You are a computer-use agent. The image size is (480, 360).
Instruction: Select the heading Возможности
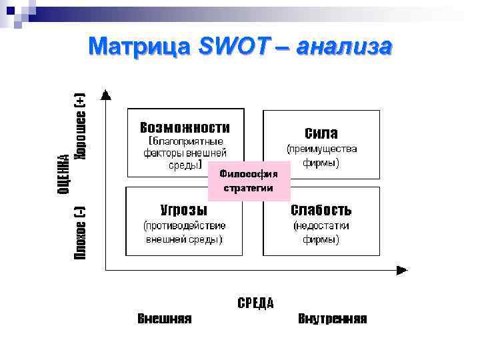tap(185, 127)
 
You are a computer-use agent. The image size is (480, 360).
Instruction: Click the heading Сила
tap(321, 133)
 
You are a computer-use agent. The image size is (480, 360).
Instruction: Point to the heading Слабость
tap(321, 210)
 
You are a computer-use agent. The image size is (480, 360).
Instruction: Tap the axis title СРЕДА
tap(255, 303)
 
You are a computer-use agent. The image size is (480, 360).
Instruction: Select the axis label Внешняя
tap(165, 319)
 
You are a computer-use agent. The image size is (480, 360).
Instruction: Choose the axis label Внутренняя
tap(332, 319)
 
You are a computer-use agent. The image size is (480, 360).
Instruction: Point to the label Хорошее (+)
tap(80, 126)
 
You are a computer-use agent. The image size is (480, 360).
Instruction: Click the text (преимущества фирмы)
tap(321, 155)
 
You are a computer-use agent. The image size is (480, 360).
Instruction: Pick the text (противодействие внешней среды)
tap(185, 232)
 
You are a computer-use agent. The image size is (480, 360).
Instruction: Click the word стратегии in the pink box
tap(249, 188)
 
